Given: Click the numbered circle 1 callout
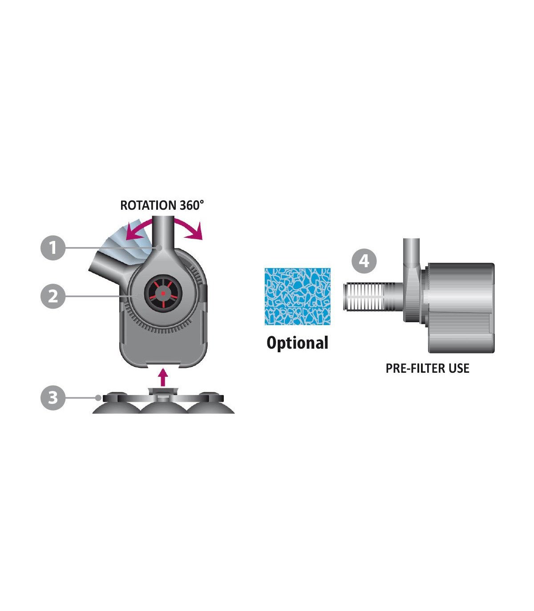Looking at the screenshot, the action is (x=53, y=248).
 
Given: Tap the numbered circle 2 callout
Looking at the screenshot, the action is (x=53, y=296).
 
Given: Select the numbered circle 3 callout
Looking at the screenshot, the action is (x=53, y=398).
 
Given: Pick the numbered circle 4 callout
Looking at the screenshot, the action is (x=364, y=261).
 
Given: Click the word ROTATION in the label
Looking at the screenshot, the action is (x=148, y=205).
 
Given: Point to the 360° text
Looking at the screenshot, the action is (x=192, y=205).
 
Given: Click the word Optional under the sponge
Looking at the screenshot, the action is (x=297, y=343).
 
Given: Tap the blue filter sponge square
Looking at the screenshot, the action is (x=297, y=296).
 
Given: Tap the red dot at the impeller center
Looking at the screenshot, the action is (x=163, y=293).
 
